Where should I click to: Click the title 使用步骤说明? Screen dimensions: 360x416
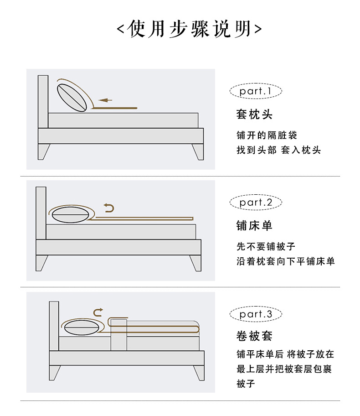coord(189,29)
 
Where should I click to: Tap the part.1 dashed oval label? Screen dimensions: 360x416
coord(256,91)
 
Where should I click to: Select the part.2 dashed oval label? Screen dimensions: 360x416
coord(256,203)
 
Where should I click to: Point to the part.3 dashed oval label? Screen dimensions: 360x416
coord(256,314)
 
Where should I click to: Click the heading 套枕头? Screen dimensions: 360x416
coord(254,114)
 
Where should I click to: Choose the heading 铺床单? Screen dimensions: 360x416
coord(254,226)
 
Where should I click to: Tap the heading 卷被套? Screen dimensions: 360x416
coord(254,336)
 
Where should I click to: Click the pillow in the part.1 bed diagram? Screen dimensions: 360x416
coord(72,98)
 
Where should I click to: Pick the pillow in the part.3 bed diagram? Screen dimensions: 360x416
coord(82,328)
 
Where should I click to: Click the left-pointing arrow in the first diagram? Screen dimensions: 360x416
coord(105,100)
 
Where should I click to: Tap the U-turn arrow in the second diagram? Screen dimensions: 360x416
coord(109,208)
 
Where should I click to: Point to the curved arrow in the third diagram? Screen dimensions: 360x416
coord(98,312)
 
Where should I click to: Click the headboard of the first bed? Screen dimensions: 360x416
coord(43,102)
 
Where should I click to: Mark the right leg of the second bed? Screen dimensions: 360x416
coord(195,263)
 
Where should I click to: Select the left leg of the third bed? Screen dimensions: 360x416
coord(55,373)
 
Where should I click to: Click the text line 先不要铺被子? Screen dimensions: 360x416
coord(266,246)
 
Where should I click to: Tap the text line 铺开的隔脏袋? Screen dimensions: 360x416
coord(267,135)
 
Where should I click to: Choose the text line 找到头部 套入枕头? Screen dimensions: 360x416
coord(278,150)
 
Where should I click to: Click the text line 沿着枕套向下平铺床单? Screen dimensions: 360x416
coord(286,261)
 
